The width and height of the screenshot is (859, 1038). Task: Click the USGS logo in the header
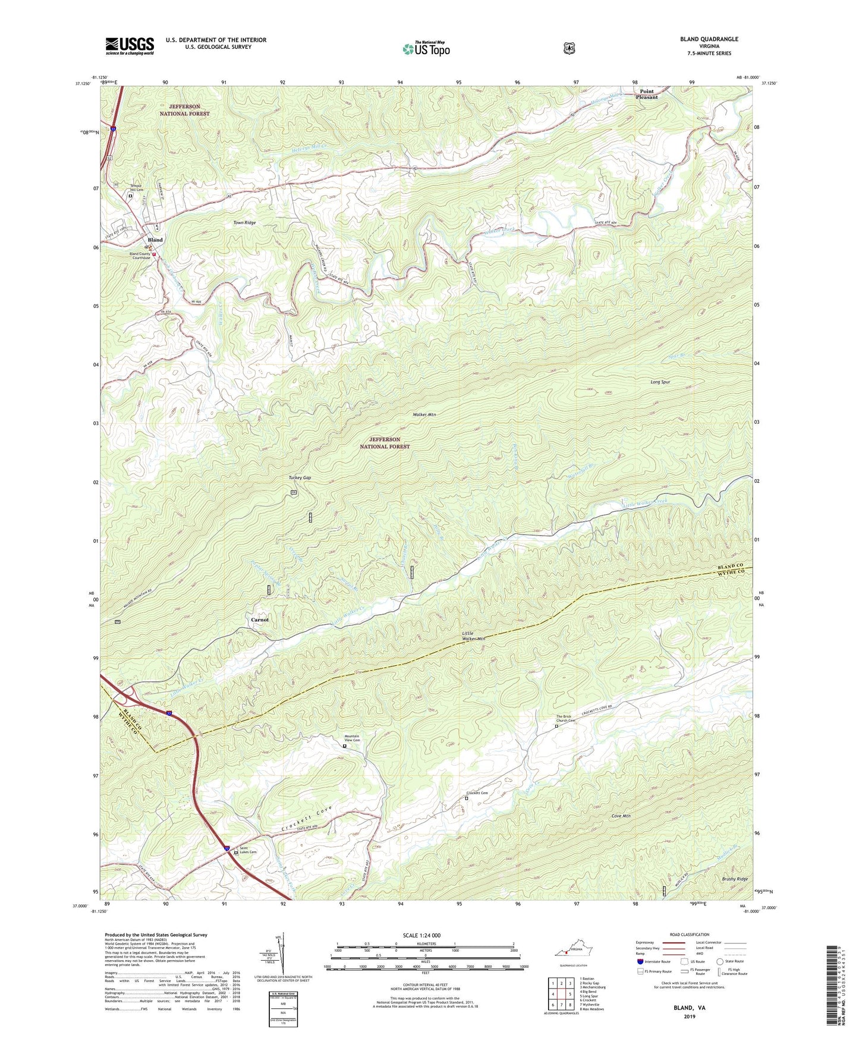click(130, 46)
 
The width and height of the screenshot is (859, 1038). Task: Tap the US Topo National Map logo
click(426, 48)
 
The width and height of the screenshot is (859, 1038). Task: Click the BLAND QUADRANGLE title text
click(709, 39)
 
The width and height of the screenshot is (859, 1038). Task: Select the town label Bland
click(155, 240)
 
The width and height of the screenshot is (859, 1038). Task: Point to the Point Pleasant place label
click(647, 94)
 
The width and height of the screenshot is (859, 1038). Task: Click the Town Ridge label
click(244, 222)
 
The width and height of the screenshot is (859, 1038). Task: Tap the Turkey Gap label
click(300, 477)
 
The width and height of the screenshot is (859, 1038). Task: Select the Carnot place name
click(260, 619)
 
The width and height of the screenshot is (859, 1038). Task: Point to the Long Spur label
click(660, 382)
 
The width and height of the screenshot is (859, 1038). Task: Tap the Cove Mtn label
click(621, 816)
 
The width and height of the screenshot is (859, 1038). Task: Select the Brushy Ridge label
click(735, 879)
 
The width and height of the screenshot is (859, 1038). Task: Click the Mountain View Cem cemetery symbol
click(344, 746)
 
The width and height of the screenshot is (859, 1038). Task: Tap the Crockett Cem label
click(477, 793)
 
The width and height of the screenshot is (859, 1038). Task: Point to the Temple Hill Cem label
click(137, 188)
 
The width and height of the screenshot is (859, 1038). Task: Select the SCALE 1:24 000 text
click(421, 935)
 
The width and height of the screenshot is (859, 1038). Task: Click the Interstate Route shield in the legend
click(640, 961)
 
